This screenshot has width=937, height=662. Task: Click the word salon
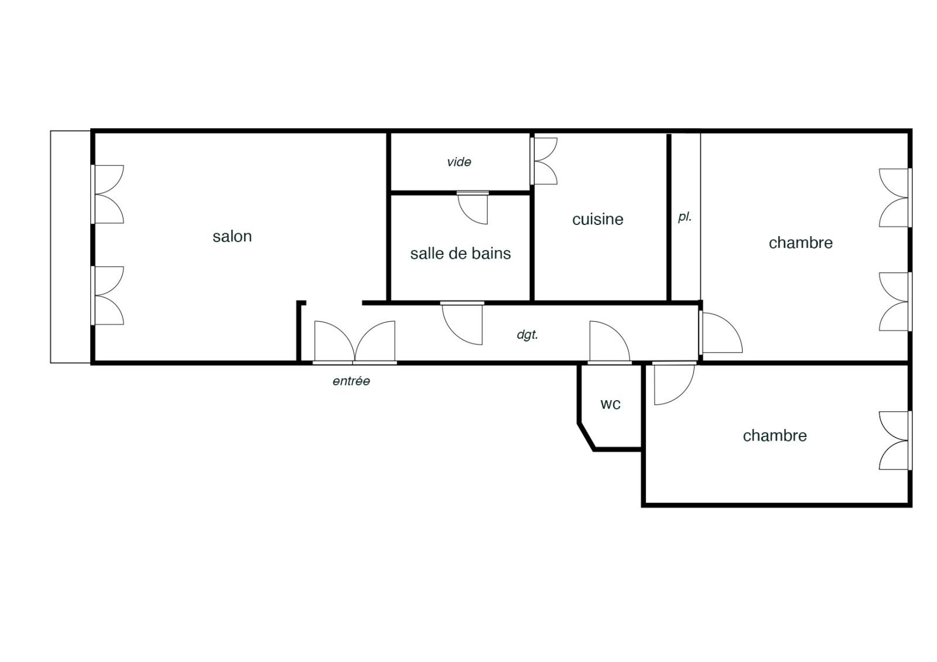point(232,237)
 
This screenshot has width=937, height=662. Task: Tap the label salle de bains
point(460,254)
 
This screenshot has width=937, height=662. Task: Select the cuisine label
point(598,219)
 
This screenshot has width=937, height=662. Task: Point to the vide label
point(459,162)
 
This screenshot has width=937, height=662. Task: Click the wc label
point(610,404)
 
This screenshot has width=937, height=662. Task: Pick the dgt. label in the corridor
point(528,335)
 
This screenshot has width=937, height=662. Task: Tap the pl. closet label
point(685,217)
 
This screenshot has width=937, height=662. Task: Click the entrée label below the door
point(351,381)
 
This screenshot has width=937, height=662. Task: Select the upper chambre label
point(801,243)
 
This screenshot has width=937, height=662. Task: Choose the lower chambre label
point(775,436)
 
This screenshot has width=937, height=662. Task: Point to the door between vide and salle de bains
point(473,208)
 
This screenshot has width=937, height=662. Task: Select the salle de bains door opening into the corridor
point(462,323)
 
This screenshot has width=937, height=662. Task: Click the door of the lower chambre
point(674,383)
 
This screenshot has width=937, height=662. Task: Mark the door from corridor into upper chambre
point(720,333)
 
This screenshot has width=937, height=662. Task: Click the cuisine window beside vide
point(543,161)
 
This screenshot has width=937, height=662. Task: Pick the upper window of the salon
point(107,194)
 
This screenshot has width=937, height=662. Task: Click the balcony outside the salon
point(70,247)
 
